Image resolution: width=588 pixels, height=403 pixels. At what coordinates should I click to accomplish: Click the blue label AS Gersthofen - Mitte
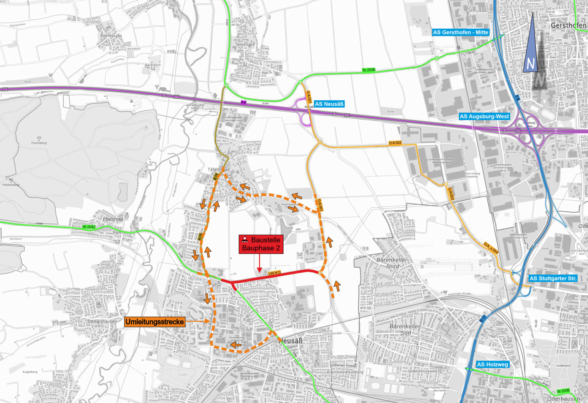[x=460, y=32]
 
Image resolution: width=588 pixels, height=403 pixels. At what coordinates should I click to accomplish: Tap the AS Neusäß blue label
[x=329, y=104]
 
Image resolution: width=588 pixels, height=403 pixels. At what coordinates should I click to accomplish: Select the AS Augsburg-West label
[x=484, y=116]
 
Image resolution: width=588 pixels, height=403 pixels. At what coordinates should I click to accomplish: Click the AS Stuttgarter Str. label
[x=553, y=278]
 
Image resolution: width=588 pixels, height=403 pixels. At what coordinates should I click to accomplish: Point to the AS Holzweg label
[x=492, y=364]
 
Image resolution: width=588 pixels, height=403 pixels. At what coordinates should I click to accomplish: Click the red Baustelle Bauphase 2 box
[x=261, y=244]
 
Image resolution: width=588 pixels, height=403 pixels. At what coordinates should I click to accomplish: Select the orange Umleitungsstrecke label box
[x=155, y=322]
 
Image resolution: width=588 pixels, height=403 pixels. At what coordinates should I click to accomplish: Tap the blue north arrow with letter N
[x=530, y=50]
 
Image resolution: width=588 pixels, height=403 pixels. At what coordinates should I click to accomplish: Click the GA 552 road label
[x=395, y=143]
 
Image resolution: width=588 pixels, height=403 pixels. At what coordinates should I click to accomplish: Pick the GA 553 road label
[x=451, y=194]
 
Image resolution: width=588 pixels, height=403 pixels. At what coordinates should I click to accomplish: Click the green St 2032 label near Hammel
[x=88, y=227]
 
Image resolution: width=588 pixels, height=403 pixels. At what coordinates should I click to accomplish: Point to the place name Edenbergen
[x=111, y=36]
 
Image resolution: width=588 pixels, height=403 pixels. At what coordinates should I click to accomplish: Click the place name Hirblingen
[x=245, y=45]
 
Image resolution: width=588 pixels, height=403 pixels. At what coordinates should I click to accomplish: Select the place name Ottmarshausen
[x=102, y=322]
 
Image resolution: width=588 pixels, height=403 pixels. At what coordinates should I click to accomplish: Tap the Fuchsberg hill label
[x=39, y=143]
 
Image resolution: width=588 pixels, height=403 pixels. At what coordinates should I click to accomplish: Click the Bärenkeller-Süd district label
[x=405, y=329]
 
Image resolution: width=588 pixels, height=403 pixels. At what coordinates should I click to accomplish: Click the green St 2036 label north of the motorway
[x=368, y=70]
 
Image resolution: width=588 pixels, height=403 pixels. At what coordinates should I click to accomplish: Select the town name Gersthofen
[x=568, y=26]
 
